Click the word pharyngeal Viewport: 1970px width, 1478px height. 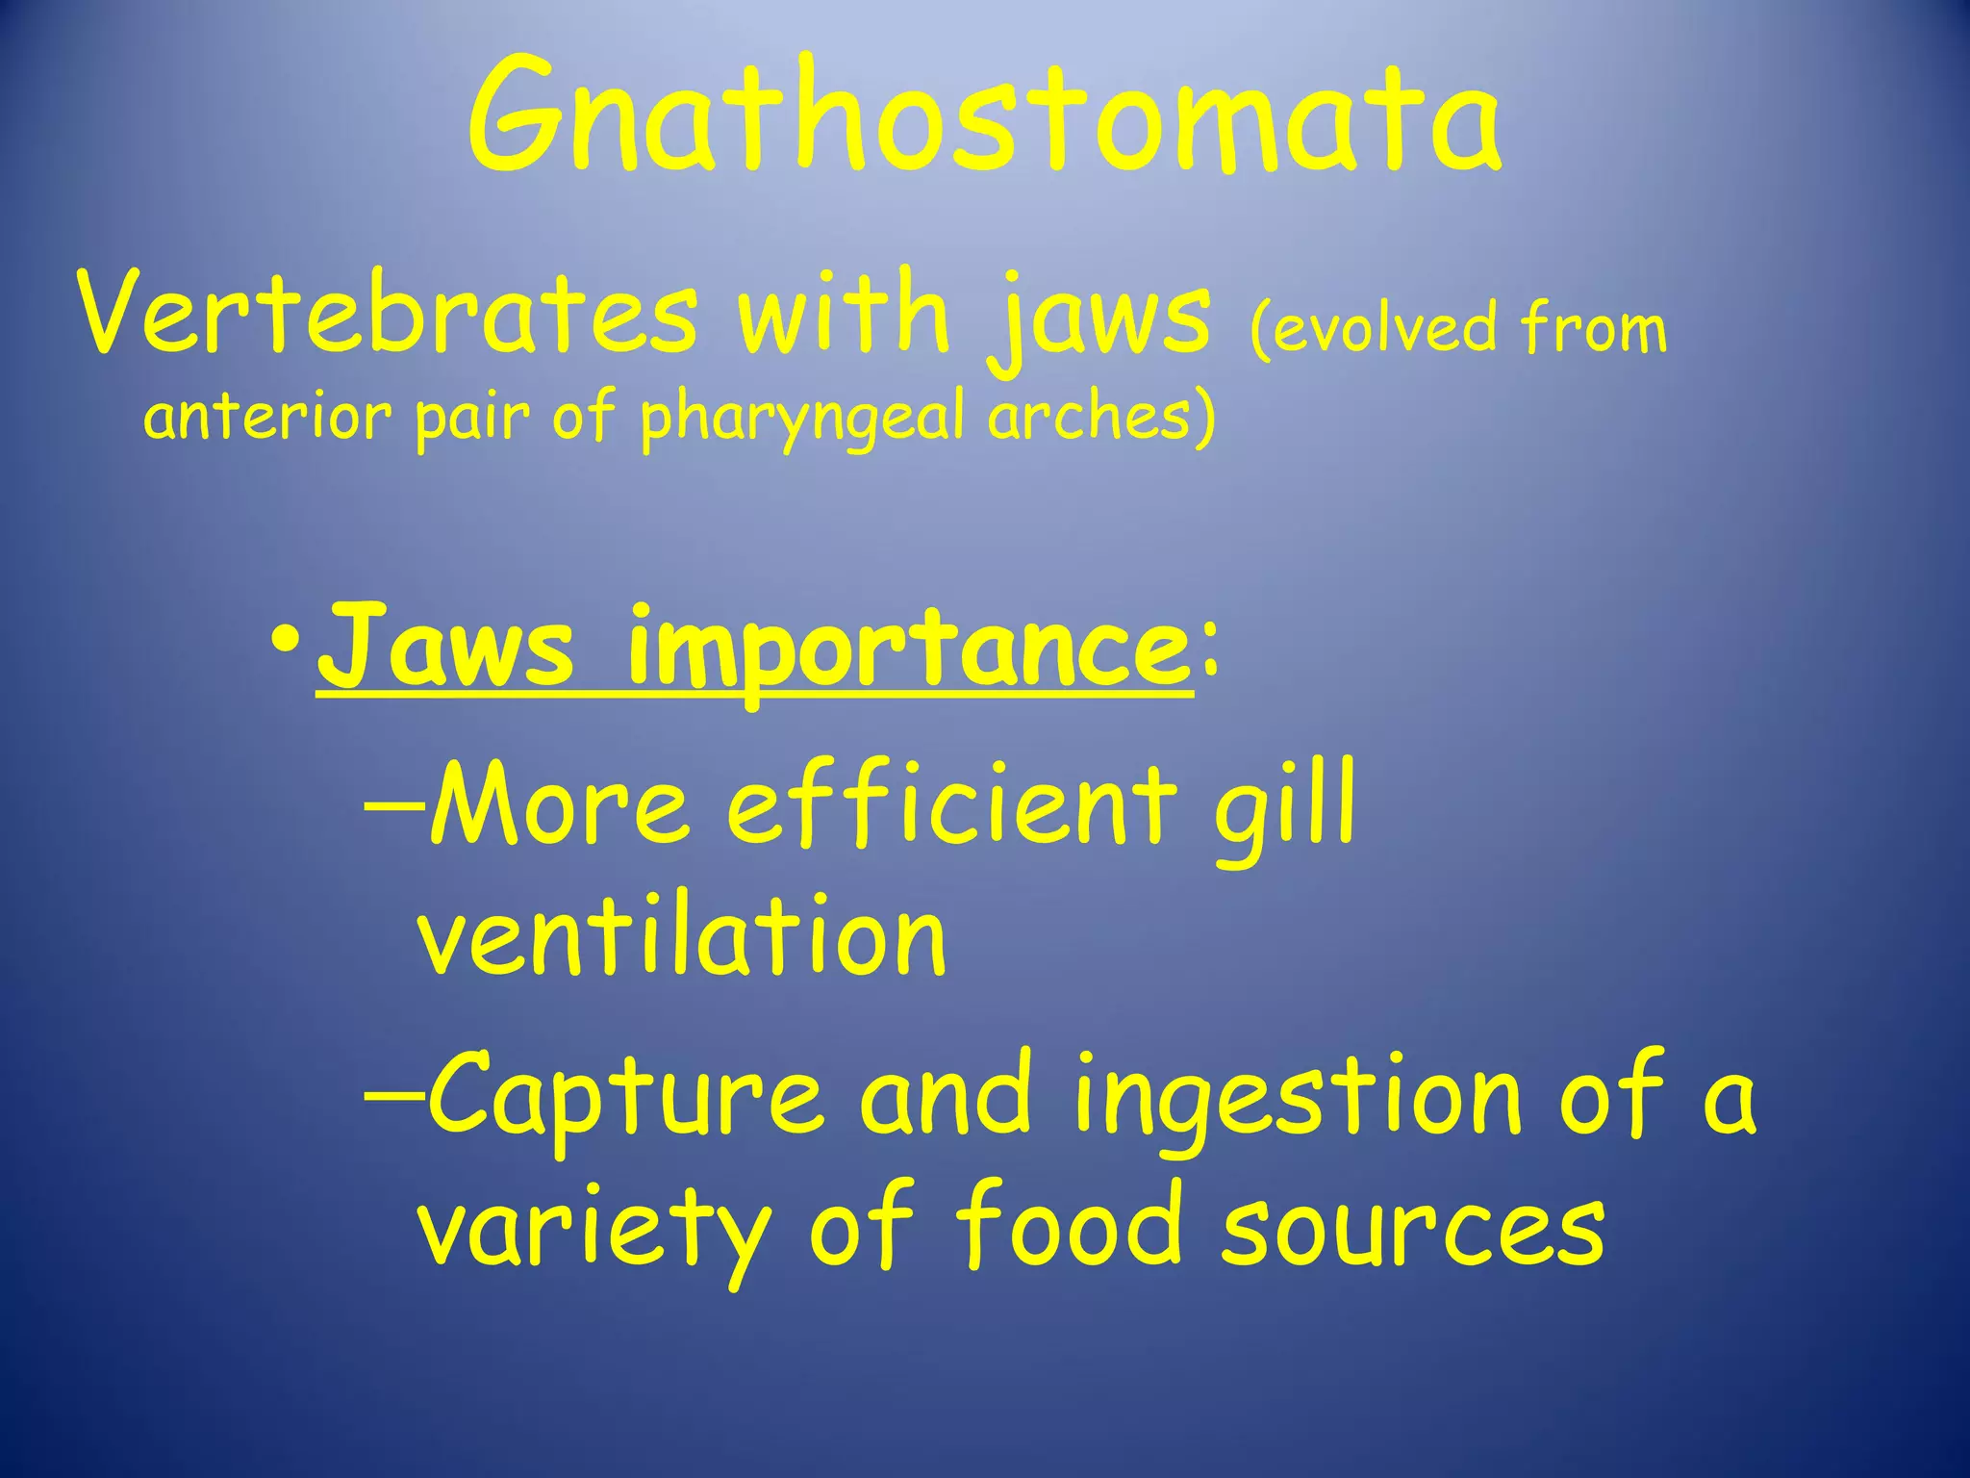tap(802, 419)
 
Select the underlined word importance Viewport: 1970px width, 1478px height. tap(909, 650)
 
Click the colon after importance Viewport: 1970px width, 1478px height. tap(1208, 650)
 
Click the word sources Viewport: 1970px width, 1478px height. tap(1413, 1228)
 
